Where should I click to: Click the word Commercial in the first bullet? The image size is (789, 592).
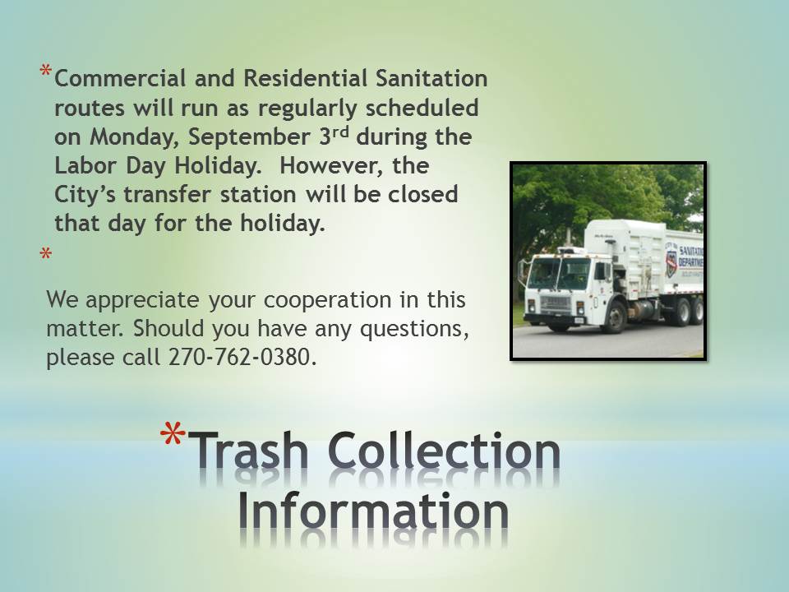coord(120,79)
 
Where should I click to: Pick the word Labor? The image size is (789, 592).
coord(85,165)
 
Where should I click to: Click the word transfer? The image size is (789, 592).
coord(167,195)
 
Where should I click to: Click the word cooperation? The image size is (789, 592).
coord(328,300)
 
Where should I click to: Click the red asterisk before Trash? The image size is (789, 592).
coord(173,433)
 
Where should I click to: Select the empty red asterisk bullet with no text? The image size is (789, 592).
coord(46,253)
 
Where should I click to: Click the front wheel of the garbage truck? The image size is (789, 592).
coord(614,317)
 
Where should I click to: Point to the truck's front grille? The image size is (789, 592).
coord(555,303)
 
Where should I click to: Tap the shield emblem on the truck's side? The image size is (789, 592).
coord(671,264)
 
